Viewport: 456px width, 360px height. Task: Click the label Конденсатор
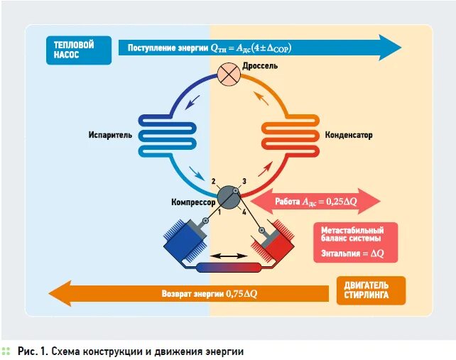click(349, 135)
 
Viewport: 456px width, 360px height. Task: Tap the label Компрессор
click(193, 202)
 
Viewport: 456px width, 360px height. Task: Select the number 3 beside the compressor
click(244, 182)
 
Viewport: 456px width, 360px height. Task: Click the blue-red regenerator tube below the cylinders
click(228, 268)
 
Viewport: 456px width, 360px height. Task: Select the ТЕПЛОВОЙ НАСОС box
click(77, 50)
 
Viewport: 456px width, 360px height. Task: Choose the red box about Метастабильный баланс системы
click(354, 242)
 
